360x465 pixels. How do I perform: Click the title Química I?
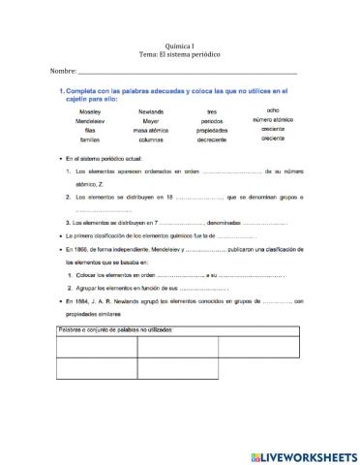[x=180, y=46]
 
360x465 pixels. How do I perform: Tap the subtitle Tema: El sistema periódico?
[x=180, y=56]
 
